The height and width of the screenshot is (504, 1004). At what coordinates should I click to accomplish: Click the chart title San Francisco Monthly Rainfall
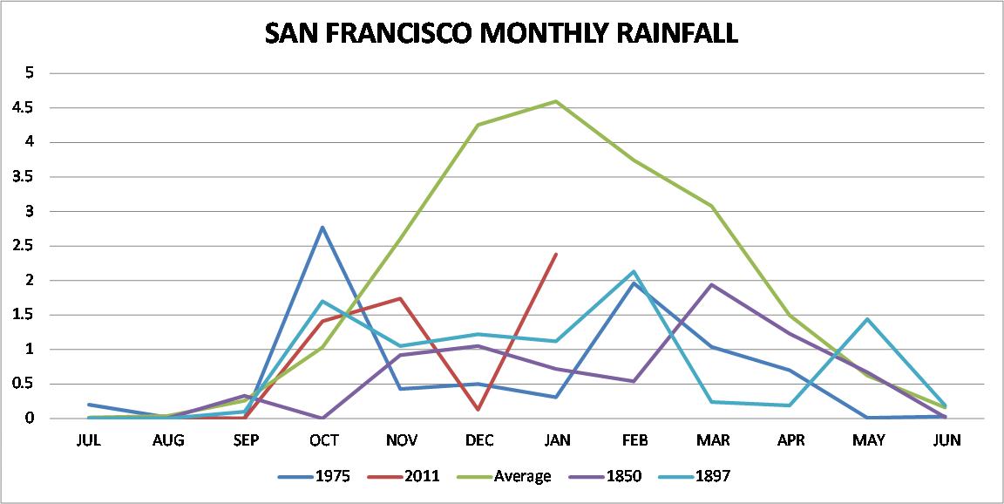coord(501,33)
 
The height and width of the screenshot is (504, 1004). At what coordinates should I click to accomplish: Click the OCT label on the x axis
coord(323,440)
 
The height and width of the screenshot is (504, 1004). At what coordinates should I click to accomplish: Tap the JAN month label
coord(557,440)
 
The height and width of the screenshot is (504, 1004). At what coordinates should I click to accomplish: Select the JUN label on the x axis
coord(946,440)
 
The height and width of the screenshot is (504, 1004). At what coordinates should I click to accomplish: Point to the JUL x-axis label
coord(89,440)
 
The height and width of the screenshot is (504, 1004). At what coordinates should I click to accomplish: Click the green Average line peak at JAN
coord(557,101)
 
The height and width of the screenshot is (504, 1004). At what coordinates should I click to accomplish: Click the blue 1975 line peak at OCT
coord(323,228)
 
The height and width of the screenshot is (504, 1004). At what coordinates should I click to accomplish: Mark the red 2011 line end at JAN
coord(557,254)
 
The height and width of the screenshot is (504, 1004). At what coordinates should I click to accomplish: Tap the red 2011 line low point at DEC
coord(479,409)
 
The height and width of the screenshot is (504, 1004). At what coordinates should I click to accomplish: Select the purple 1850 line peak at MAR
coord(713,284)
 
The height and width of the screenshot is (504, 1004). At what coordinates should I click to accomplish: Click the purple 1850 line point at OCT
coord(323,418)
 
